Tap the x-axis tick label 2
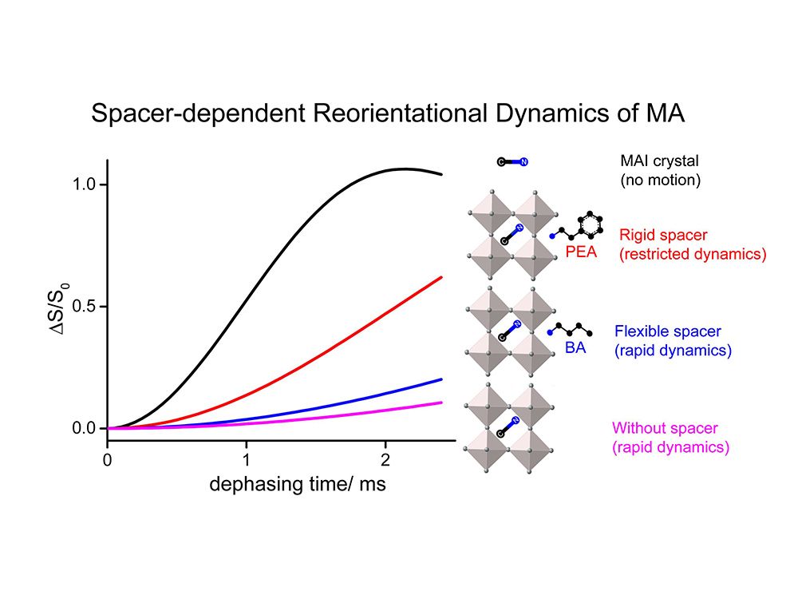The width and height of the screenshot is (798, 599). click(385, 460)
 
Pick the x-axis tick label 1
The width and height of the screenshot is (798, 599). click(247, 460)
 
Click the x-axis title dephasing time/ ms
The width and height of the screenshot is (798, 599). click(298, 485)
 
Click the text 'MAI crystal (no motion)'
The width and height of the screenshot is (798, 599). click(660, 171)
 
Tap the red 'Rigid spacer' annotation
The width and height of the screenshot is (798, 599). click(692, 244)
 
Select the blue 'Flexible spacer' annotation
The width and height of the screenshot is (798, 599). click(673, 340)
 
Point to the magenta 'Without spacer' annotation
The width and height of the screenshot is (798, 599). click(670, 438)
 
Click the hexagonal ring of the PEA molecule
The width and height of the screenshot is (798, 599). click(589, 224)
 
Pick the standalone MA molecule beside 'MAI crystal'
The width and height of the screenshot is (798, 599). click(512, 162)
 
